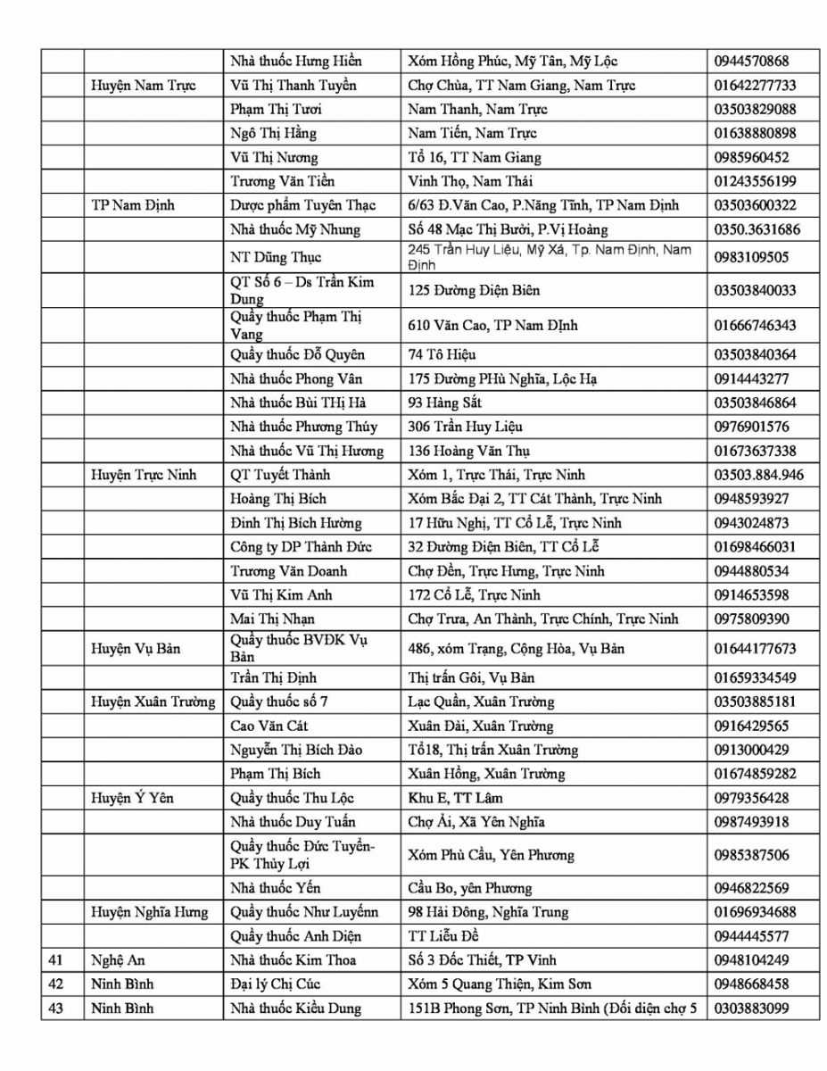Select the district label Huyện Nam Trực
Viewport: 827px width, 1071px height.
click(x=143, y=86)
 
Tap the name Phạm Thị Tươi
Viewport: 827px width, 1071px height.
click(x=276, y=110)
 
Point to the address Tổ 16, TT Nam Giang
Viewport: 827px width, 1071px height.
click(x=474, y=158)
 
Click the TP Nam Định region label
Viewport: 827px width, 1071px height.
click(x=133, y=205)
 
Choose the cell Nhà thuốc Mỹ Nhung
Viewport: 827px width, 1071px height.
click(x=295, y=229)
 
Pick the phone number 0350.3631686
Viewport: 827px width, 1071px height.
click(x=757, y=229)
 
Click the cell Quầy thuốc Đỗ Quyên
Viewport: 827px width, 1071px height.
click(x=297, y=354)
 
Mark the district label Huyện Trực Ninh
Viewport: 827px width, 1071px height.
click(x=144, y=475)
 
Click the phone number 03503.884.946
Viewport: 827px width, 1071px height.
click(x=758, y=475)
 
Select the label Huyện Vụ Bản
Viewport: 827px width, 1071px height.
click(x=136, y=648)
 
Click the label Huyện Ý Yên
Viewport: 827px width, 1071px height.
click(x=132, y=798)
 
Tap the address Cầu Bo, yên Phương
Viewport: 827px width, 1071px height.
click(x=469, y=888)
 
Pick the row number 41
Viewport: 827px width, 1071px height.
click(x=55, y=960)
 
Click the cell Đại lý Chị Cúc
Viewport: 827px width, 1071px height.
click(x=275, y=984)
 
